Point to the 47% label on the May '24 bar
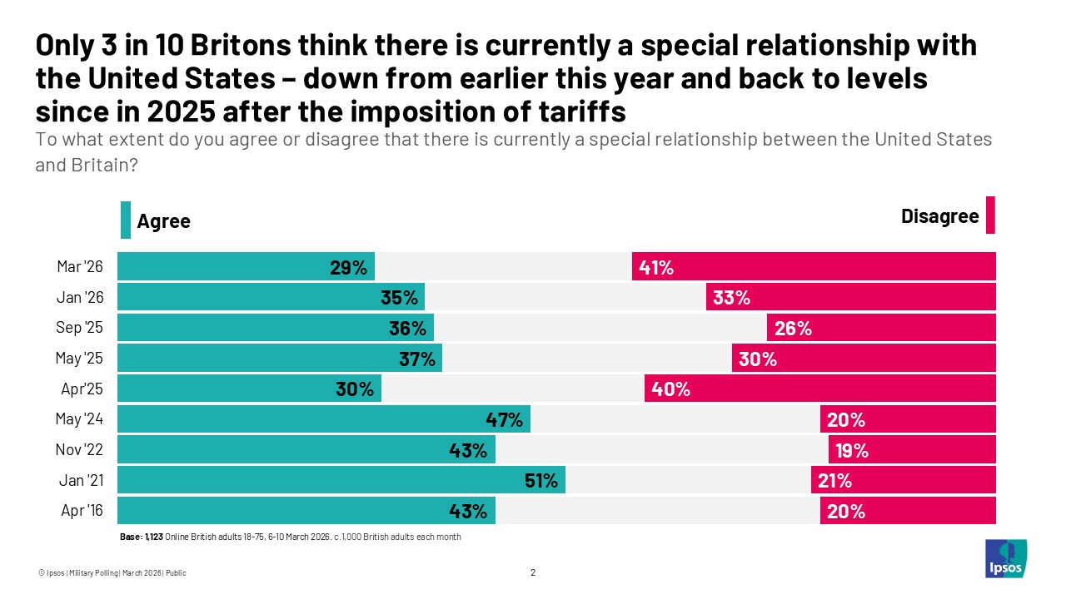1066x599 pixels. coord(505,420)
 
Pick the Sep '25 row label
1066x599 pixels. coord(80,328)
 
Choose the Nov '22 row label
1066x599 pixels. coord(80,450)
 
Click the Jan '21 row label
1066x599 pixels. coord(81,480)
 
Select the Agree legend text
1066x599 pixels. coord(163,221)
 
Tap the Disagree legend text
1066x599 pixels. coord(939,216)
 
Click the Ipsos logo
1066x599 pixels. coord(1005,558)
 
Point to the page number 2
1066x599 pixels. coord(533,572)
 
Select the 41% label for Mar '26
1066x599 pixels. coord(656,267)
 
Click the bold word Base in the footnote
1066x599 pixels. coord(131,537)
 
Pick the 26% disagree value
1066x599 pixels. coord(793,329)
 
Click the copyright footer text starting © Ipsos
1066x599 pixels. coord(112,572)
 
